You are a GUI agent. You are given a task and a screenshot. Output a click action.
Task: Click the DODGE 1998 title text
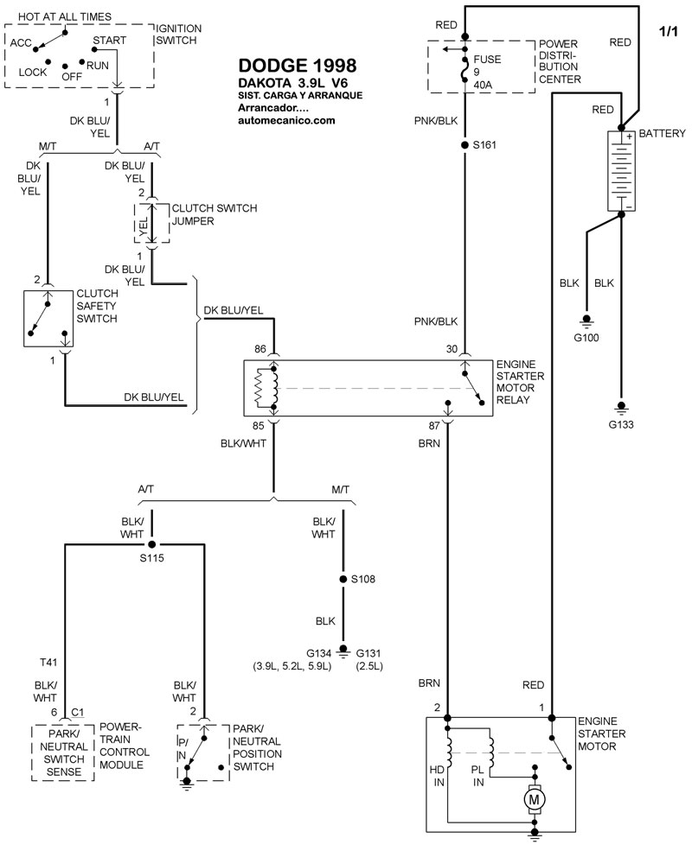pos(295,67)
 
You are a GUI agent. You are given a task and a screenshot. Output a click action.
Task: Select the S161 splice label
pos(486,146)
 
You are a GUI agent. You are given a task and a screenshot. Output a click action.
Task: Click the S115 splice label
pos(152,558)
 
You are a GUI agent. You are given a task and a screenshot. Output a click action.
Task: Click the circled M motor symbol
pos(534,800)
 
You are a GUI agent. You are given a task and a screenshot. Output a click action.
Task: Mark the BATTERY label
pos(662,134)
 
